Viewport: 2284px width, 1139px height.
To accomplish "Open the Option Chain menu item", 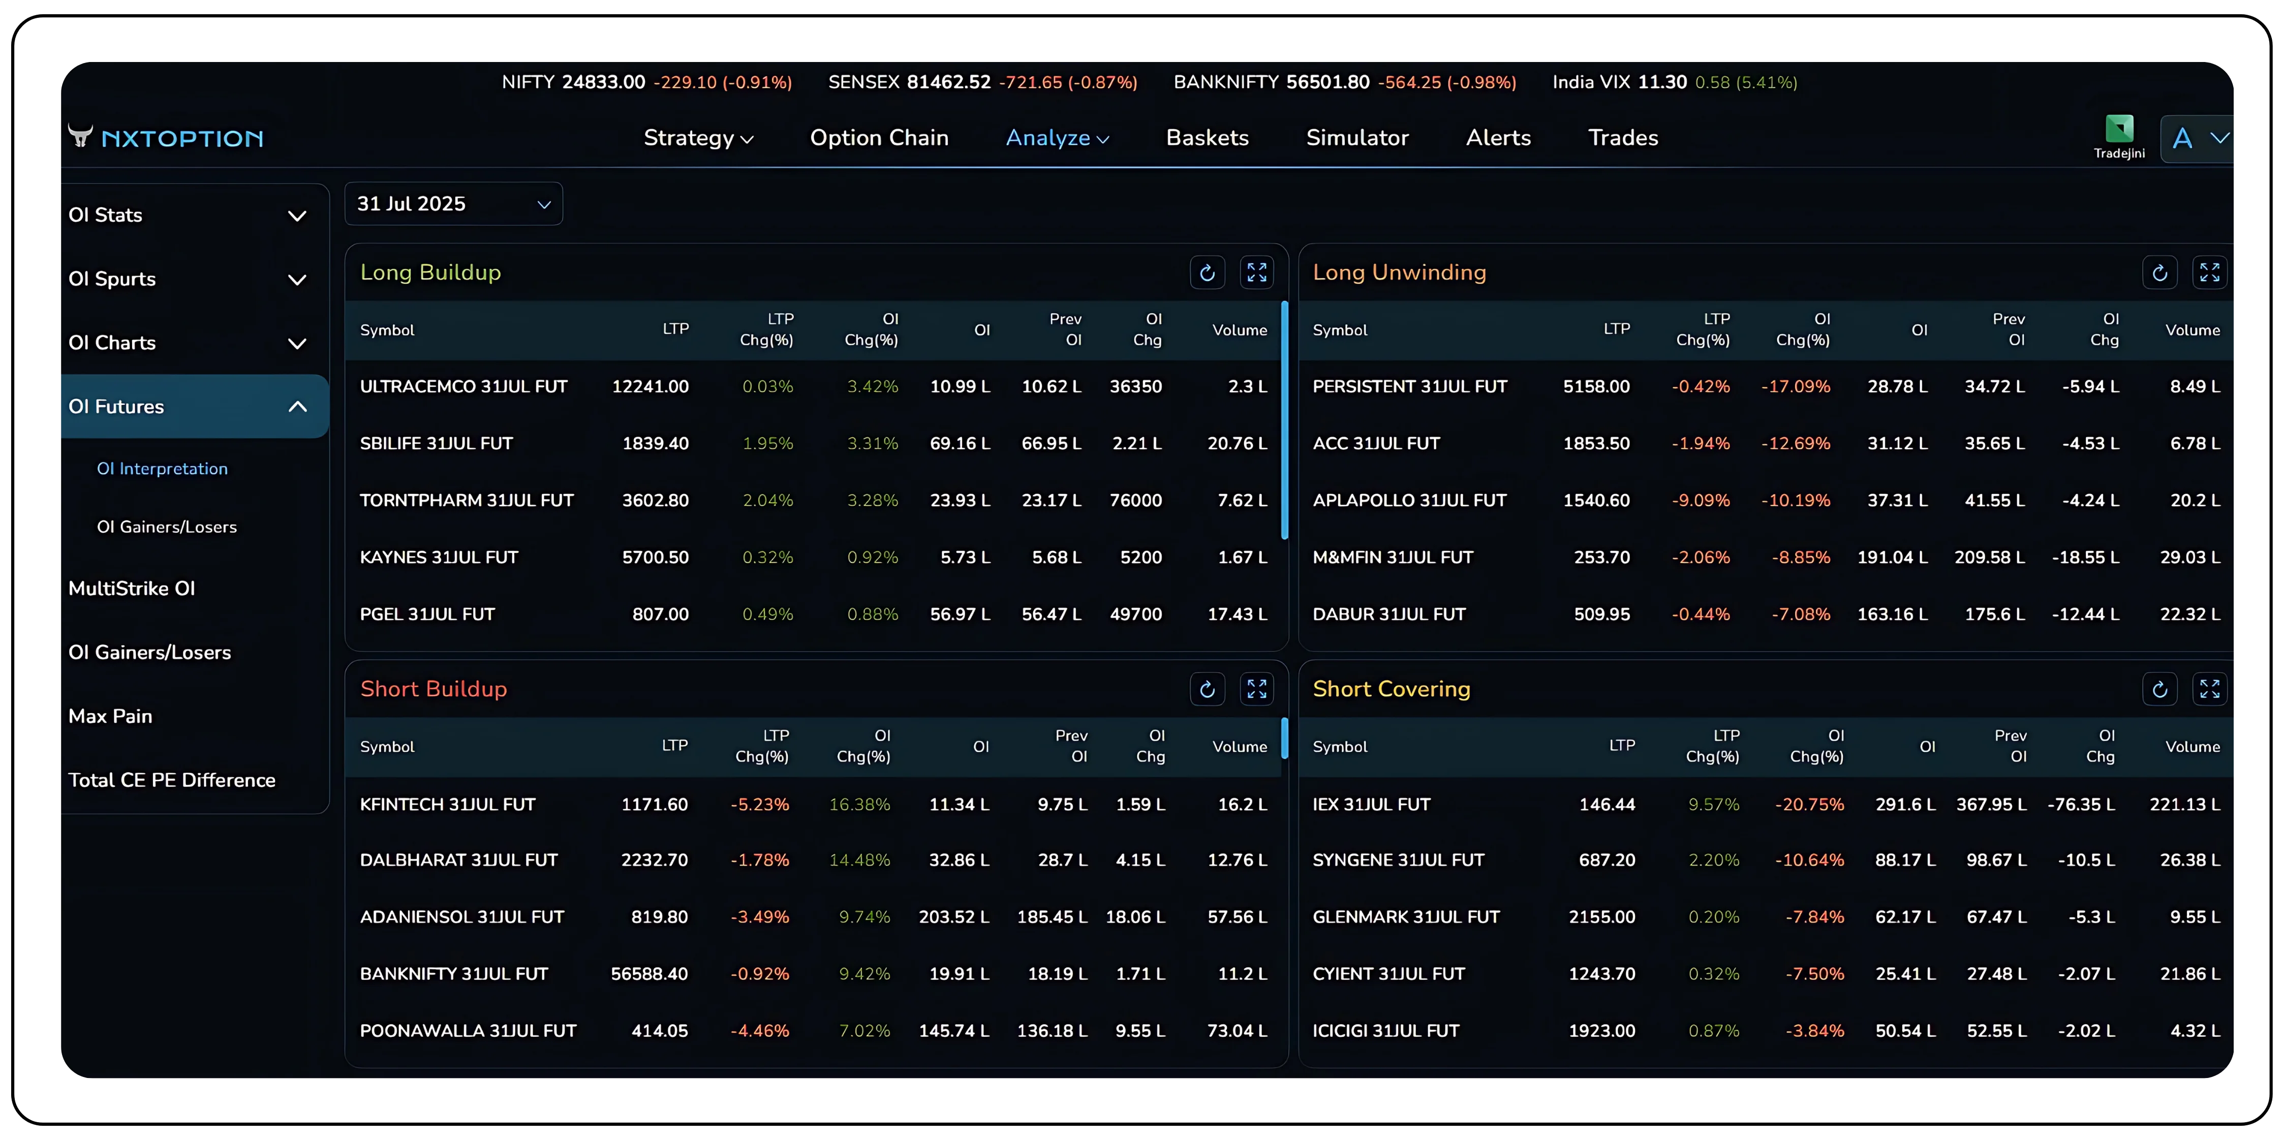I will (x=879, y=137).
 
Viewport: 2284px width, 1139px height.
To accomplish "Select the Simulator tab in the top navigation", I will (x=1356, y=137).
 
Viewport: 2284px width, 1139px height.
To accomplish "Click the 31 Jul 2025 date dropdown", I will (x=453, y=204).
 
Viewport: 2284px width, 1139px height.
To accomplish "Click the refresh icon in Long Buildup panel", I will (x=1207, y=273).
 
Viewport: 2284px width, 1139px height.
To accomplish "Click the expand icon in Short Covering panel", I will (x=2209, y=689).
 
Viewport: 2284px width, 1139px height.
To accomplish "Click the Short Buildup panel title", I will (x=434, y=689).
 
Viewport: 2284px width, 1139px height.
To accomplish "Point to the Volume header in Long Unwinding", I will (x=2192, y=330).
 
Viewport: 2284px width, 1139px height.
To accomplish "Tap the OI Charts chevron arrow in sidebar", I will (x=297, y=343).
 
